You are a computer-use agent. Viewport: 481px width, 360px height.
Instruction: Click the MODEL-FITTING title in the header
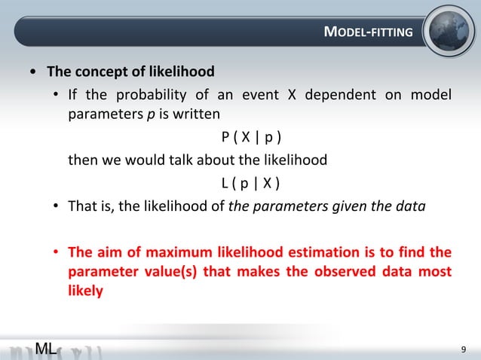[x=368, y=32]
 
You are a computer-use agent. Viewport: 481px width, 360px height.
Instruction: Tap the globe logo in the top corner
[x=449, y=31]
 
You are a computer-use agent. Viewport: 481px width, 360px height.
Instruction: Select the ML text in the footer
[x=47, y=347]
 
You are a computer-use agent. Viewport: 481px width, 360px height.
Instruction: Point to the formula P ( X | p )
[x=252, y=138]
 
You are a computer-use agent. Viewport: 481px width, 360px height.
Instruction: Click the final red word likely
[x=85, y=290]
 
